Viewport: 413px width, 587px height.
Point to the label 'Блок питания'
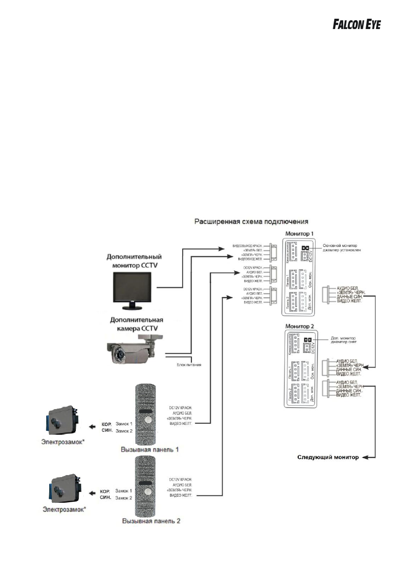[x=188, y=365]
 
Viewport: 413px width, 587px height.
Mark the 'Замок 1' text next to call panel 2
[x=124, y=491]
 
